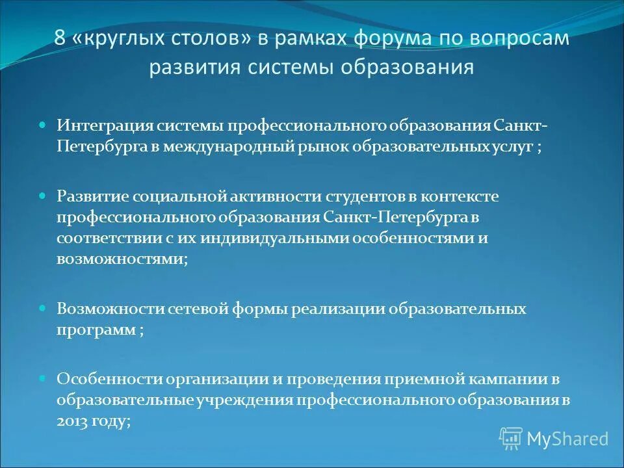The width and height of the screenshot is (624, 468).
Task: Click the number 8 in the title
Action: point(60,38)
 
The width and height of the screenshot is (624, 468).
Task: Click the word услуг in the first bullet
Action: point(512,146)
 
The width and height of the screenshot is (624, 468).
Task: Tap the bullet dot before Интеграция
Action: point(43,123)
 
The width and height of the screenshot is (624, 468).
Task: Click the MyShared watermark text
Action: point(567,439)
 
